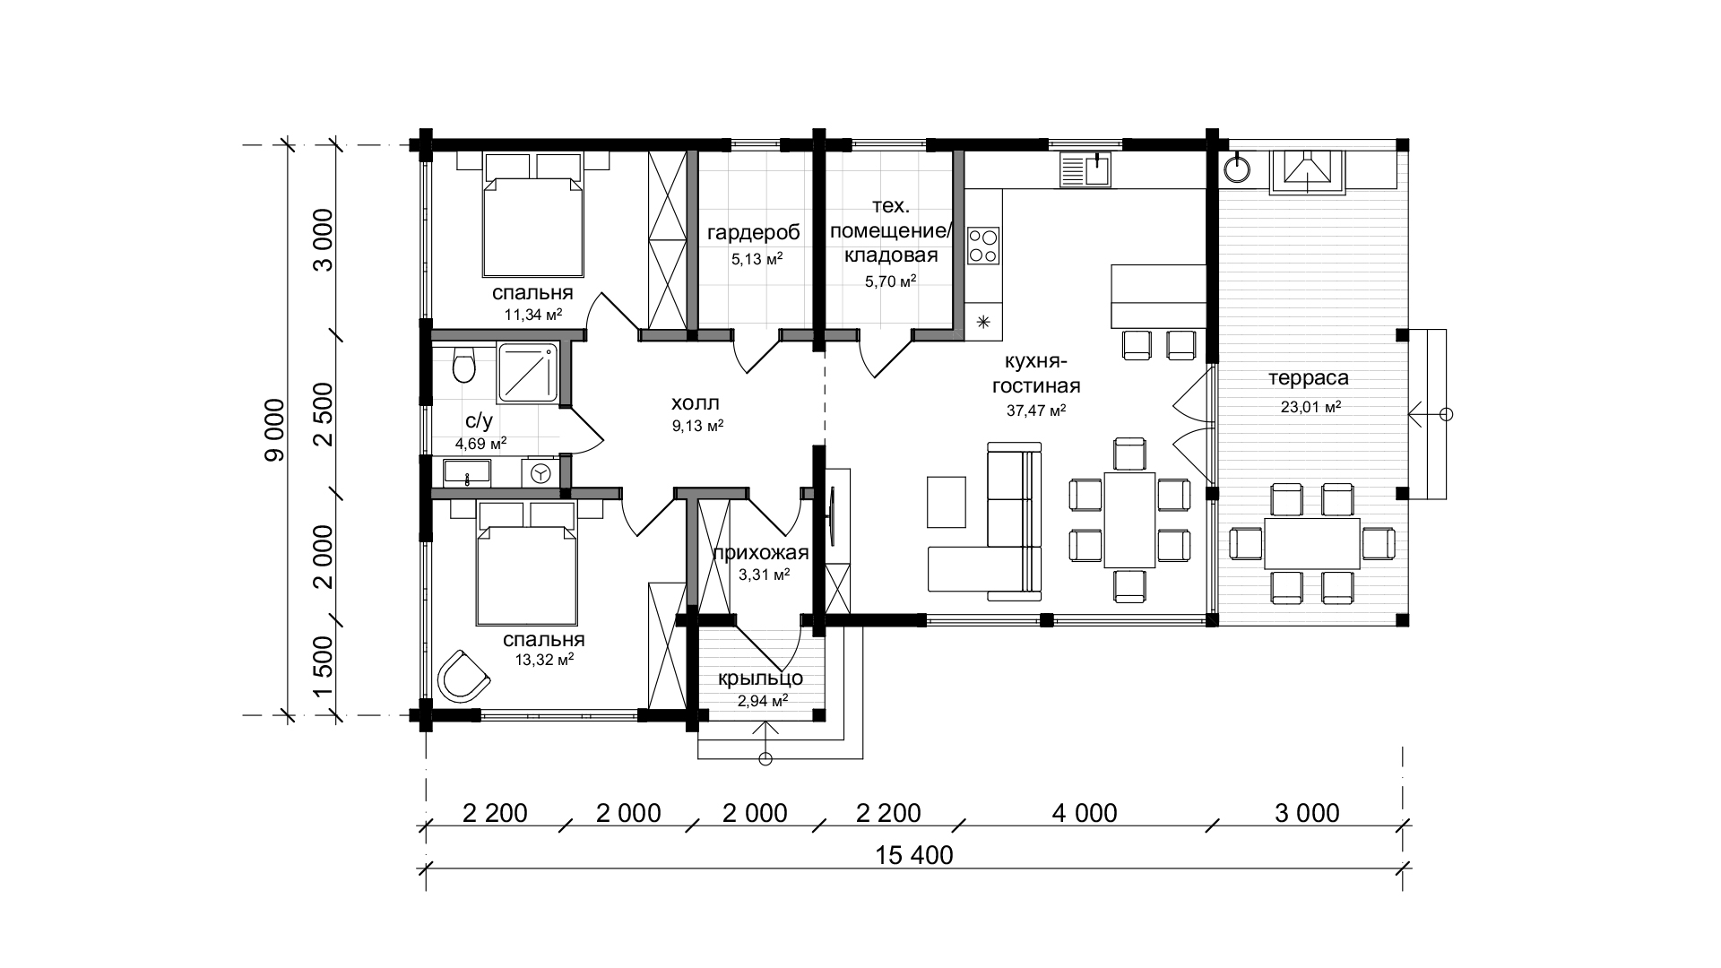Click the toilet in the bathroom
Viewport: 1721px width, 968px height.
(x=463, y=365)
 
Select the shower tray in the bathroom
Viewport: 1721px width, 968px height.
(x=528, y=373)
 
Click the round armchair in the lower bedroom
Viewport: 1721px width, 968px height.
(x=463, y=674)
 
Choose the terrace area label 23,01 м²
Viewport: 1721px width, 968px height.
(x=1310, y=407)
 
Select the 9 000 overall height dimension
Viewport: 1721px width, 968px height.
(x=274, y=430)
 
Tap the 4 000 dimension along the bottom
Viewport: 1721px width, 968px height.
(x=1085, y=813)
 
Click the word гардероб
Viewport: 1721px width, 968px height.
(x=753, y=234)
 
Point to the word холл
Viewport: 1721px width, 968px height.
(x=696, y=404)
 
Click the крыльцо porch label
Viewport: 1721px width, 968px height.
(x=761, y=678)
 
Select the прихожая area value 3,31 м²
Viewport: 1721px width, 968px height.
(x=764, y=575)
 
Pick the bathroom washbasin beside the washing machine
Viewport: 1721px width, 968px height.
(x=466, y=472)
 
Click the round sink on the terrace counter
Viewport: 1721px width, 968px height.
(x=1238, y=168)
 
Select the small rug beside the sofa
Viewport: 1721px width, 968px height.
(x=947, y=503)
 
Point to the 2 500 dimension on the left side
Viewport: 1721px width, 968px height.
(x=323, y=414)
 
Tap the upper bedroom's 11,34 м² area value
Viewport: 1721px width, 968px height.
(x=533, y=315)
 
